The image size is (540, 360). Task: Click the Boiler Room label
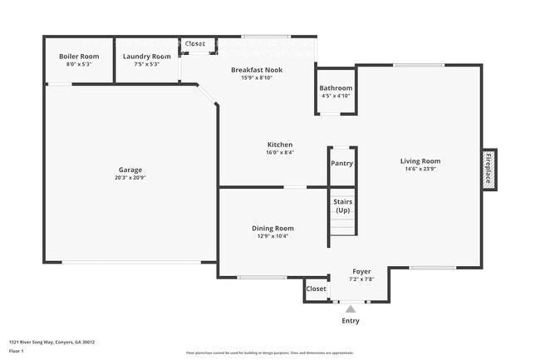tap(79, 57)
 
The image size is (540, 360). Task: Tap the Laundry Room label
tap(147, 57)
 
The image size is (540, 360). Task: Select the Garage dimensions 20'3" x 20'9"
tap(130, 177)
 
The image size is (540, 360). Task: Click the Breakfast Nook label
tap(262, 70)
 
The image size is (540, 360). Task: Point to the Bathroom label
tap(336, 88)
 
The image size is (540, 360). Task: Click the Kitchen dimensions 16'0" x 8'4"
tap(280, 152)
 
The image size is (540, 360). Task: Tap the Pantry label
tap(342, 163)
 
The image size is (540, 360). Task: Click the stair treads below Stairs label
tap(342, 224)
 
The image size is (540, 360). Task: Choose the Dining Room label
tap(273, 228)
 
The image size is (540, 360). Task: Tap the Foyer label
tap(361, 271)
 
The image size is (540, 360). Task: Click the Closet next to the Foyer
tap(317, 288)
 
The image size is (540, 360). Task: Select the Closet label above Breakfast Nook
tap(195, 43)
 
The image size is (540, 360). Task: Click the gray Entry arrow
tap(351, 309)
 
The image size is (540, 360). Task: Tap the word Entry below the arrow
tap(351, 321)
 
